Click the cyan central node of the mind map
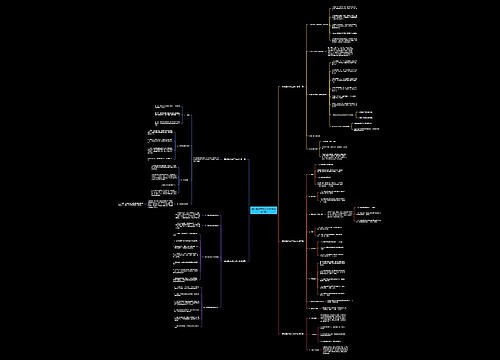coord(262,212)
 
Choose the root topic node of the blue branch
coord(233,159)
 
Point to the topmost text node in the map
coord(344,8)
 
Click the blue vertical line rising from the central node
coord(247,185)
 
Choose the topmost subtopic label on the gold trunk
coord(318,24)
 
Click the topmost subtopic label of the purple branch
coord(212,215)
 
